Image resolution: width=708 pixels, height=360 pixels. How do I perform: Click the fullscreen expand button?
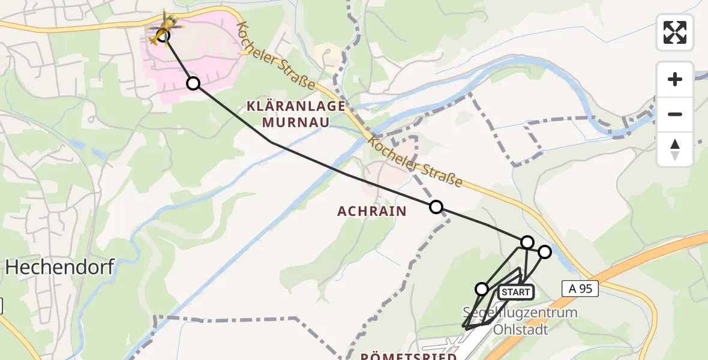point(675,32)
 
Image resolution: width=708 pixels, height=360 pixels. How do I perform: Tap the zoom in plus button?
point(675,79)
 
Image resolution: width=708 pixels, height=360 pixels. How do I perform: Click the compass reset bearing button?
point(675,149)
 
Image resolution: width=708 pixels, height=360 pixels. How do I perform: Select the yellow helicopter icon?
point(164,29)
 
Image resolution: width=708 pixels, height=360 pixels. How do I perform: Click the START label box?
point(515,292)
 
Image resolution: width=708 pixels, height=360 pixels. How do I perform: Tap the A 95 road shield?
point(580,289)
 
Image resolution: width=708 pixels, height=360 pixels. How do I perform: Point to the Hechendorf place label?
point(59,268)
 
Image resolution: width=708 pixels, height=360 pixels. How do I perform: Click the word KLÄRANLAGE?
point(296,106)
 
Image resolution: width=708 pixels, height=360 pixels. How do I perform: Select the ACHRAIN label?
point(372,211)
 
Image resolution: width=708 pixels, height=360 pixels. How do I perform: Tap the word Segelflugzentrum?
point(520,313)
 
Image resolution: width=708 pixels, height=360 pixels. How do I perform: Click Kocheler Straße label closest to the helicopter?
point(276,56)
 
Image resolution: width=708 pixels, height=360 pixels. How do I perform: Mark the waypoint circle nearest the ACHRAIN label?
point(436,207)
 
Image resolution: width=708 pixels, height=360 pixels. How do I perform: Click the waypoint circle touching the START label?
point(482,289)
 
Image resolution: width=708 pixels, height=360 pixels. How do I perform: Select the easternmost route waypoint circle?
point(544,252)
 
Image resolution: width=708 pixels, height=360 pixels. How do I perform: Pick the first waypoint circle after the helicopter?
point(193,83)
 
